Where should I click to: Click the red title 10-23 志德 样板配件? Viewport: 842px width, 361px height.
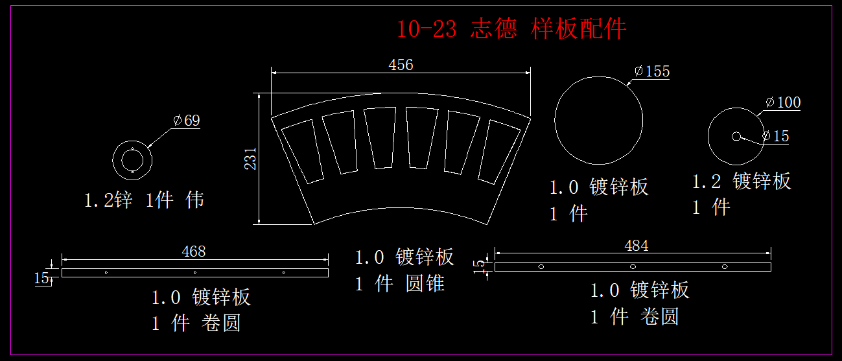(511, 29)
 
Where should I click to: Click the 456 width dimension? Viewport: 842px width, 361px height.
(401, 65)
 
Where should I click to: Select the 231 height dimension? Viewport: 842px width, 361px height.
(250, 159)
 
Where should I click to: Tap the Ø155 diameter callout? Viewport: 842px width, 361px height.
(652, 71)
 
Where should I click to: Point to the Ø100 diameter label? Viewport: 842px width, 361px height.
(783, 102)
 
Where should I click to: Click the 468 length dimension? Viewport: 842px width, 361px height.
(194, 251)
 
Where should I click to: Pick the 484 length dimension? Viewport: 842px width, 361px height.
(636, 246)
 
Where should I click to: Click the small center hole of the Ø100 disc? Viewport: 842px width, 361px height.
(736, 136)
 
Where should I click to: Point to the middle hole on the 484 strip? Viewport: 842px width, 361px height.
(633, 266)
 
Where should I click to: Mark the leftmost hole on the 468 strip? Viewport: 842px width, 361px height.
(106, 272)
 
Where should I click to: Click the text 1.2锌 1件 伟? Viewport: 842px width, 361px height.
(144, 200)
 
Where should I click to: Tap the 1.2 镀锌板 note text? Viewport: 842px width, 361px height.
(742, 181)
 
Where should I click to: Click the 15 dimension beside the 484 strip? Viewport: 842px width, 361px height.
(480, 266)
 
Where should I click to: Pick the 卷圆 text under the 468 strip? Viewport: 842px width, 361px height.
(222, 323)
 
